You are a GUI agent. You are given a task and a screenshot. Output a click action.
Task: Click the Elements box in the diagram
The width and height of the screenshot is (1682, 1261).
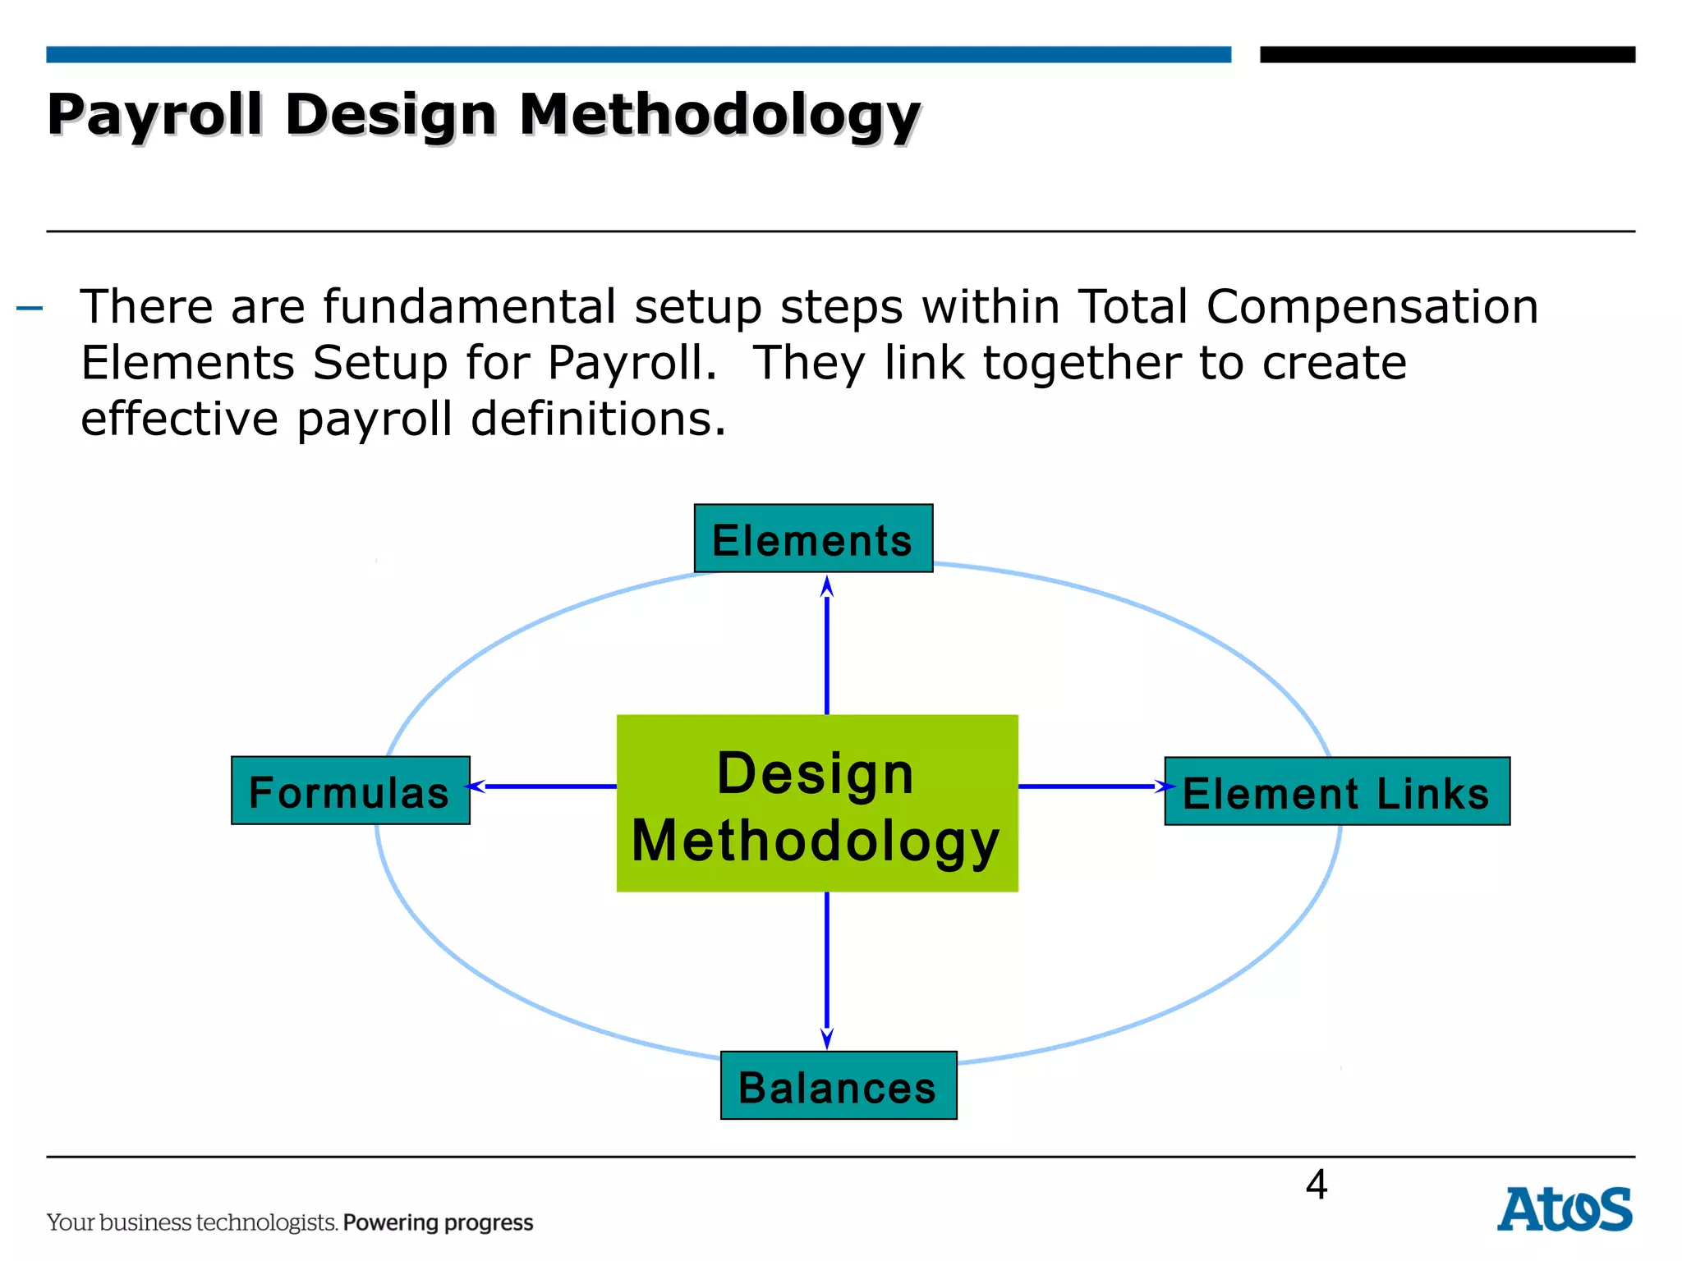point(813,539)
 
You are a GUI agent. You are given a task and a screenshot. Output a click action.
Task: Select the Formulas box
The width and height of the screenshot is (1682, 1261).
point(351,791)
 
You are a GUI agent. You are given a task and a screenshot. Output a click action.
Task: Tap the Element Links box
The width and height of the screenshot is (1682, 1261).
point(1336,791)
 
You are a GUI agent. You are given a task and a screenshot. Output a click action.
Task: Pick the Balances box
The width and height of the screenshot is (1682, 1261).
point(838,1085)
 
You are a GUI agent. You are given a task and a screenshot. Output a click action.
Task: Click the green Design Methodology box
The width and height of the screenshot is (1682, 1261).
point(816,803)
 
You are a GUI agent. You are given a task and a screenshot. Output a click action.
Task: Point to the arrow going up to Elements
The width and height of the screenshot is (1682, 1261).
point(826,644)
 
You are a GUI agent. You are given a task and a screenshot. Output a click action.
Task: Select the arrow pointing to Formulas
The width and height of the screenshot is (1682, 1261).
point(542,786)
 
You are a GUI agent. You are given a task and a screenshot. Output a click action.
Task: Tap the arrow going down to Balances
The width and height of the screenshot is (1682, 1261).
point(826,969)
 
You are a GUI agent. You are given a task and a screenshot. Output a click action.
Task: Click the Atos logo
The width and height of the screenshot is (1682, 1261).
point(1564,1209)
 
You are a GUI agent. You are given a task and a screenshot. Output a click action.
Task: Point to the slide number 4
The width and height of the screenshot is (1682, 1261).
point(1316,1185)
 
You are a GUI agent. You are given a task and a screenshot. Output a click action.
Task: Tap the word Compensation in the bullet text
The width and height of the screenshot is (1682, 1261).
point(1372,307)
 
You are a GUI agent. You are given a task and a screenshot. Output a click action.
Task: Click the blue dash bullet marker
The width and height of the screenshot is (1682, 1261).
point(30,309)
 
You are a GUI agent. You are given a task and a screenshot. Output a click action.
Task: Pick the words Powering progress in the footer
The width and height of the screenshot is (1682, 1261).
point(438,1222)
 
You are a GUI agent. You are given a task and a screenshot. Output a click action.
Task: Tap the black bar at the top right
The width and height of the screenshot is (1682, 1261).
point(1446,54)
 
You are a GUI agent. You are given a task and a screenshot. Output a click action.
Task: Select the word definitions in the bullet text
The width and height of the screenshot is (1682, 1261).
point(598,419)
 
